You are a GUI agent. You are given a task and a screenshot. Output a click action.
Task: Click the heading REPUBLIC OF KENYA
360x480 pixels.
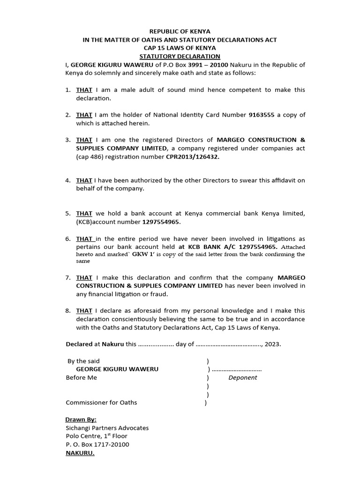[x=180, y=31]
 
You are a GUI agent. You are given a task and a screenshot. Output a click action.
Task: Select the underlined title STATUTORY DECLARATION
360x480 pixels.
[x=180, y=56]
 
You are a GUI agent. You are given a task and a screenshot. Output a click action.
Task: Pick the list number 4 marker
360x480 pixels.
[x=68, y=180]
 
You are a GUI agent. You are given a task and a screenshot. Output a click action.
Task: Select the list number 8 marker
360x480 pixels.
[x=68, y=310]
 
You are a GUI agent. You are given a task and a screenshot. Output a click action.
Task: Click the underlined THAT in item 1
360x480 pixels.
[x=84, y=90]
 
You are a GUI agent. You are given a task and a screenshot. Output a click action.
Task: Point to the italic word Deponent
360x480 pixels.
[x=243, y=378]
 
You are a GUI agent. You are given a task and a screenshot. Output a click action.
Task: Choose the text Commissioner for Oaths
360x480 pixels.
[x=102, y=403]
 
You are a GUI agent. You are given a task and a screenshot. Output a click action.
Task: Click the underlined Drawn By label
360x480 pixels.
[x=81, y=420]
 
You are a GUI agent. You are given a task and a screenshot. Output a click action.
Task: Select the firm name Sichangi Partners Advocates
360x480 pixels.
[x=107, y=428]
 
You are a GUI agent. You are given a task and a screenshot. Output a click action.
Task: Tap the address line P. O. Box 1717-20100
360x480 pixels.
[x=97, y=444]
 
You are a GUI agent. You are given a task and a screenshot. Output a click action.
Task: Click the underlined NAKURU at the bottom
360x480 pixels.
[x=80, y=453]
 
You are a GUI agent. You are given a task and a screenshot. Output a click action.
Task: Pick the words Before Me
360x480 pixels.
[x=82, y=378]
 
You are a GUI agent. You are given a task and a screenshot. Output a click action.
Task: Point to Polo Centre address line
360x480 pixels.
[x=97, y=436]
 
